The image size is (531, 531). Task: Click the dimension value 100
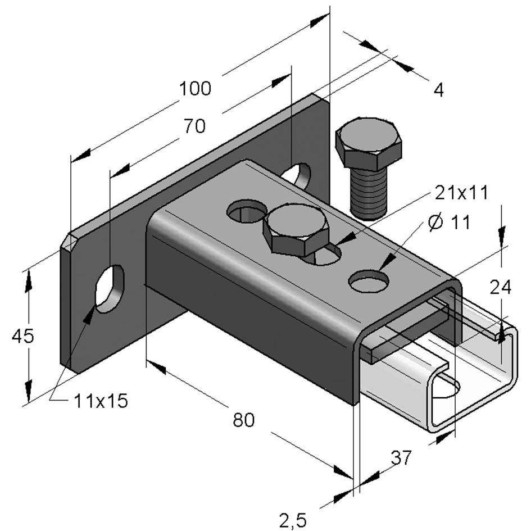pyautogui.click(x=195, y=89)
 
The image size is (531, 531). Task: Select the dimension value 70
pyautogui.click(x=193, y=127)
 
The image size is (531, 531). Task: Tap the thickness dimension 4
pyautogui.click(x=438, y=90)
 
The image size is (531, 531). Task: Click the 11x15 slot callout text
pyautogui.click(x=101, y=401)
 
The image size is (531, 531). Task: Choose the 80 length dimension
pyautogui.click(x=244, y=419)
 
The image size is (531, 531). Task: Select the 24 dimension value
pyautogui.click(x=500, y=288)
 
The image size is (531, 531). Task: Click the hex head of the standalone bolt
pyautogui.click(x=369, y=143)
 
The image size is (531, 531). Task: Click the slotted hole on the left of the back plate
pyautogui.click(x=110, y=287)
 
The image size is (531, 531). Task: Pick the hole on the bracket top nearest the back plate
pyautogui.click(x=246, y=212)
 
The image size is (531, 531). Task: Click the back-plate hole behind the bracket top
pyautogui.click(x=298, y=175)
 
